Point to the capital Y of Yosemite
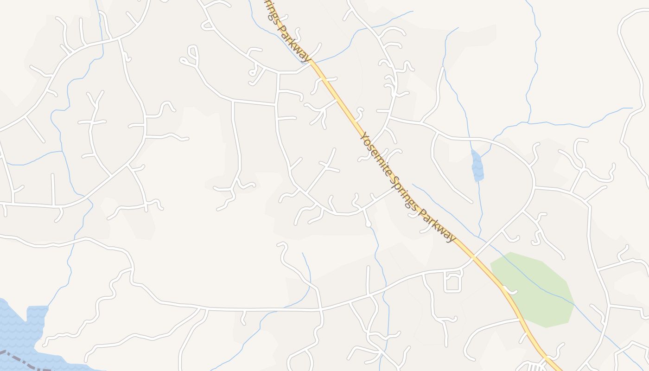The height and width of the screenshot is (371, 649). pos(364,135)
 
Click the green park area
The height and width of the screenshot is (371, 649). pos(533,288)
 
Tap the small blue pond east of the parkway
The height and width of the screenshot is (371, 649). pos(477,166)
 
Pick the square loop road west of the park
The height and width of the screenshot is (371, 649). pos(453,281)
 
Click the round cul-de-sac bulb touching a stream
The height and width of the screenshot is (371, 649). pos(368,224)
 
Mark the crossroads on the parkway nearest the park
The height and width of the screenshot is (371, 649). pos(473,256)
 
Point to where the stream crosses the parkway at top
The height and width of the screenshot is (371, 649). pos(312,61)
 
